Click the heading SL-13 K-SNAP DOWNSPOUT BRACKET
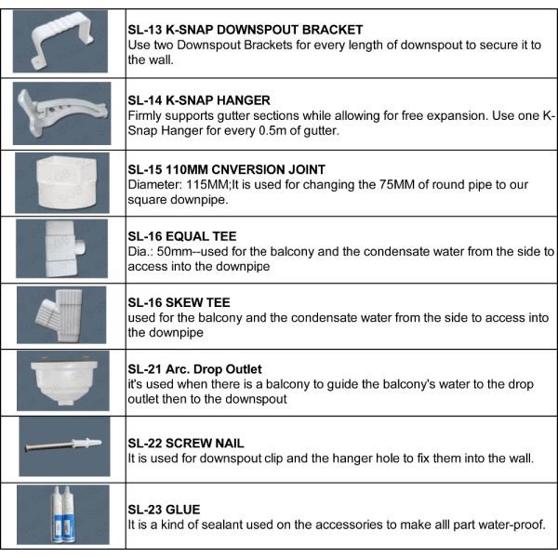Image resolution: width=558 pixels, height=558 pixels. pos(245,31)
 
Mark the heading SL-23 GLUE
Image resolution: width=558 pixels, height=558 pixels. pos(164,510)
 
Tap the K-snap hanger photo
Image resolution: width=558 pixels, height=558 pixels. pos(63,112)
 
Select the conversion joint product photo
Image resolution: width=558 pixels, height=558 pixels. pos(63,181)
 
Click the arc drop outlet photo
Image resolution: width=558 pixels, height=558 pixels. pos(63,382)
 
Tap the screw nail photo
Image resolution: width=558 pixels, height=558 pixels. pos(63,445)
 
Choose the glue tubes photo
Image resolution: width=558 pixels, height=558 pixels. pos(63,514)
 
